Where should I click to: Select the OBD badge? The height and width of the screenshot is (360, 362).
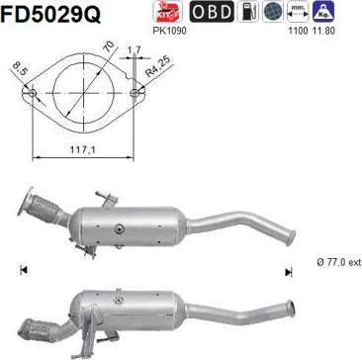point(211,12)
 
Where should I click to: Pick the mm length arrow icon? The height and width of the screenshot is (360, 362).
point(296,12)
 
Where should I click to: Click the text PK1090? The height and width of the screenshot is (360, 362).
point(170,31)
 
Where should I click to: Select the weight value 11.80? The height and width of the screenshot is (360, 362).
point(324,31)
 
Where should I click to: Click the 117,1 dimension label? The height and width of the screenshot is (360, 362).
point(80,148)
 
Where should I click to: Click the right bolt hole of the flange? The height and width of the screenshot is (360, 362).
point(135,95)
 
